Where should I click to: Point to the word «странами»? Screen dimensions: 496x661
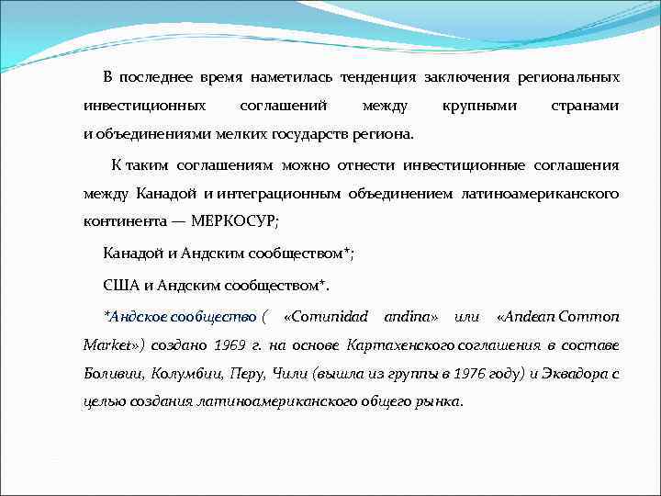pos(584,107)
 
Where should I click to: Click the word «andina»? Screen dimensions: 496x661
pos(410,317)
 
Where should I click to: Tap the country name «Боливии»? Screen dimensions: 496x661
pos(112,374)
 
